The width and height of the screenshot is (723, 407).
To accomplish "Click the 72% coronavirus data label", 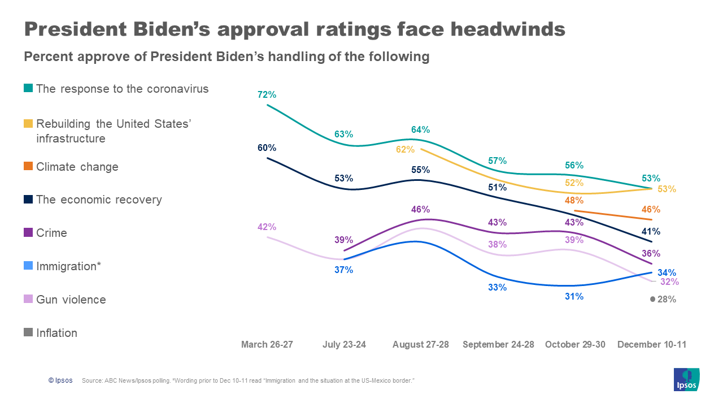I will (267, 94).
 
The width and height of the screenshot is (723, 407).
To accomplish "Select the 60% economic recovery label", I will (267, 148).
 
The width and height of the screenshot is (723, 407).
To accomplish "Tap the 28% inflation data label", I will (667, 300).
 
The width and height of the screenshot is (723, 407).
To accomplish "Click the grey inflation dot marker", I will (652, 299).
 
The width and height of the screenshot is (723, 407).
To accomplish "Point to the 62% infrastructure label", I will (405, 150).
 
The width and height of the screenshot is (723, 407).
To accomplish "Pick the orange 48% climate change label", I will (574, 200).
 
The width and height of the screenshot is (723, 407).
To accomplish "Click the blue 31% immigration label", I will (574, 296).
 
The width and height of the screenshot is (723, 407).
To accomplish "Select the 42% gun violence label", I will (267, 227).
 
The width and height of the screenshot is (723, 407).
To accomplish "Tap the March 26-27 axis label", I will (267, 344).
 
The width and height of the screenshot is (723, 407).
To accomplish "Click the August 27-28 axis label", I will (420, 344).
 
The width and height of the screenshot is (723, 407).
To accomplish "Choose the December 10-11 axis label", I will (652, 344).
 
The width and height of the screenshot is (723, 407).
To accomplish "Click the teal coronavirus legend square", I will (28, 89).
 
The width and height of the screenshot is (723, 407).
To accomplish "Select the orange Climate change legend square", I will (28, 167).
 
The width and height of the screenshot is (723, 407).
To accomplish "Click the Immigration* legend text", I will (68, 266).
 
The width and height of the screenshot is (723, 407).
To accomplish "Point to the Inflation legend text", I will (56, 333).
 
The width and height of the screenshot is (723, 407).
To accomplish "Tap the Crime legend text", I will (51, 233).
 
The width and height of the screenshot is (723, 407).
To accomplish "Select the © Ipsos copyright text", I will (60, 380).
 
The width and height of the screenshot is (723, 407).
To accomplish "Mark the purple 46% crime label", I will (420, 209).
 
